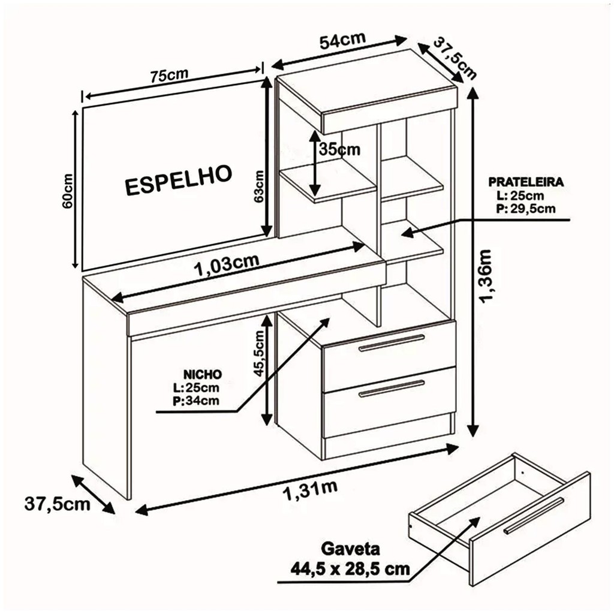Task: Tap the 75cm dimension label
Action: pyautogui.click(x=170, y=75)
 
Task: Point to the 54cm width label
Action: pyautogui.click(x=342, y=40)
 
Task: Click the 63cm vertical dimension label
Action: pyautogui.click(x=258, y=186)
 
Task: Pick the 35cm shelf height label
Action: pyautogui.click(x=339, y=149)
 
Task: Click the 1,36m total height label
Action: pyautogui.click(x=486, y=276)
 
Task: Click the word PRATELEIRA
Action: pyautogui.click(x=526, y=182)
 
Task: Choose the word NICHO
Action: pyautogui.click(x=203, y=374)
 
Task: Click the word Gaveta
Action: pyautogui.click(x=350, y=549)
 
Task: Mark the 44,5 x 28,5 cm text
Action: pyautogui.click(x=350, y=568)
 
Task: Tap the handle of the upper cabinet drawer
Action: pyautogui.click(x=392, y=342)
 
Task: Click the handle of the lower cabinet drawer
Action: pyautogui.click(x=392, y=388)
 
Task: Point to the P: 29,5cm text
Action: pyautogui.click(x=526, y=208)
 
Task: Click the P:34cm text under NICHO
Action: pyautogui.click(x=196, y=401)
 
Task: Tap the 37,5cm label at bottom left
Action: pyautogui.click(x=57, y=504)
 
